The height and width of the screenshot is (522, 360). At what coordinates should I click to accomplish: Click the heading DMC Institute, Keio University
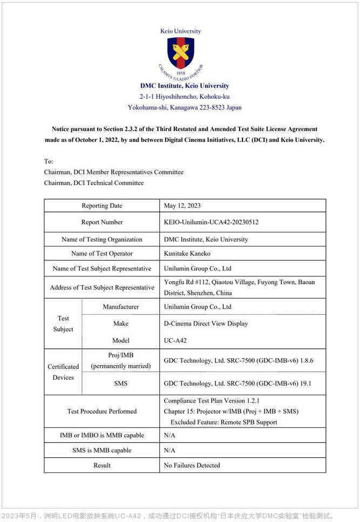pos(185,86)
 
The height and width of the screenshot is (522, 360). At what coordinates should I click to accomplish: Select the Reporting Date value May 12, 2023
pos(182,205)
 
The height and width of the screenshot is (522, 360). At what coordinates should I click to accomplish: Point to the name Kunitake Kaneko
pos(187,253)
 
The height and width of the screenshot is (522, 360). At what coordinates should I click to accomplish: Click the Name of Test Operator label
pos(102,253)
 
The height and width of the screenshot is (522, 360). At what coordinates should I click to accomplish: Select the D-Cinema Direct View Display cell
pos(206,324)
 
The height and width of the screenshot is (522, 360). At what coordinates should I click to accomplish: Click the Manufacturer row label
pos(121,307)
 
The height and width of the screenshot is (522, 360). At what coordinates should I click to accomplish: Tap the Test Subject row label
pos(63,324)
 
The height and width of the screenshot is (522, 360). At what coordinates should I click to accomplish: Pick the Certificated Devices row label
pos(63,372)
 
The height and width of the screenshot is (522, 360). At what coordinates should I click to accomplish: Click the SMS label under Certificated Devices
pos(121,383)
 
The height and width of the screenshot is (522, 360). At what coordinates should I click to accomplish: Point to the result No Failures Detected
pos(192,465)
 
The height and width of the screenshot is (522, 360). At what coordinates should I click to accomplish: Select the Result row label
pos(102,465)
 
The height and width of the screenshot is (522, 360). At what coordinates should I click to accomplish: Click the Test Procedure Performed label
pos(102,411)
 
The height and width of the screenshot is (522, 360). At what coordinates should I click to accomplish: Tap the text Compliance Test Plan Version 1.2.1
pos(212,401)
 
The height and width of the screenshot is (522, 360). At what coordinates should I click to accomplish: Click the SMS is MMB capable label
pos(102,450)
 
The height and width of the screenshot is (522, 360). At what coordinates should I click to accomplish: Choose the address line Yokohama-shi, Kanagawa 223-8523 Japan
pos(185,107)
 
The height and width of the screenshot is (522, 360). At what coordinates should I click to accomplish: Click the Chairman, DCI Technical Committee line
pos(94,183)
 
